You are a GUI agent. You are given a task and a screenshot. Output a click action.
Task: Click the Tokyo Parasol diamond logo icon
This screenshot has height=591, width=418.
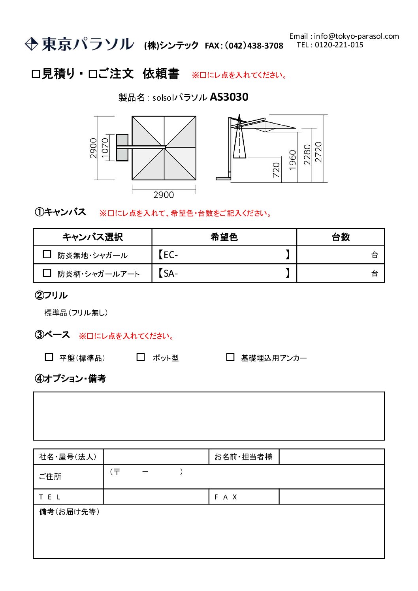pyautogui.click(x=31, y=44)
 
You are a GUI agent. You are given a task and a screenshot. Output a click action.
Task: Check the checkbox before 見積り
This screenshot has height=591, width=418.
pyautogui.click(x=36, y=74)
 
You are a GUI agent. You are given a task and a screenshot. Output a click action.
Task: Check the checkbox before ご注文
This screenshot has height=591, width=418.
pyautogui.click(x=93, y=74)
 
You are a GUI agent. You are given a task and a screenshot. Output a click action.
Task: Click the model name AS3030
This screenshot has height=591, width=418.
pyautogui.click(x=229, y=97)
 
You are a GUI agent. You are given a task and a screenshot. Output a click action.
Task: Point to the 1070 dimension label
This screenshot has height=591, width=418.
pyautogui.click(x=105, y=148)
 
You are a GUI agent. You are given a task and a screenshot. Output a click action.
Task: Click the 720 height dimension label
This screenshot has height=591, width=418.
pyautogui.click(x=276, y=170)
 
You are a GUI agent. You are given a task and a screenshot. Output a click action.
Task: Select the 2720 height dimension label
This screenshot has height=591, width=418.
pyautogui.click(x=318, y=152)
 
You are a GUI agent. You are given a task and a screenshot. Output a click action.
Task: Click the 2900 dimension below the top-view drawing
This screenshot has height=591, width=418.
pyautogui.click(x=164, y=195)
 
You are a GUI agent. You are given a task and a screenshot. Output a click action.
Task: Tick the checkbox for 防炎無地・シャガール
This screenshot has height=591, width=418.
pyautogui.click(x=47, y=255)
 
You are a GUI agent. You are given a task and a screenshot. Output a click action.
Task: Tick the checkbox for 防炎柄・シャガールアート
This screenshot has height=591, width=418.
pyautogui.click(x=47, y=273)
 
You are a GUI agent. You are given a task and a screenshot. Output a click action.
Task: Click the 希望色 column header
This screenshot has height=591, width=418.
pyautogui.click(x=224, y=237)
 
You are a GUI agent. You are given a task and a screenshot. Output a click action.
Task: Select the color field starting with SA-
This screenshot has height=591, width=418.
pyautogui.click(x=224, y=273)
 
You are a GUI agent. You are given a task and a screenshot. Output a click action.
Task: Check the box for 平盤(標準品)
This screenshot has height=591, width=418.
pyautogui.click(x=49, y=357)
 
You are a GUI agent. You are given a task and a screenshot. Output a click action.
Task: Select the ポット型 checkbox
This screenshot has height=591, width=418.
pyautogui.click(x=141, y=357)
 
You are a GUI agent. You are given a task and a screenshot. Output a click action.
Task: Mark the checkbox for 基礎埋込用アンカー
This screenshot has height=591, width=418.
pyautogui.click(x=230, y=357)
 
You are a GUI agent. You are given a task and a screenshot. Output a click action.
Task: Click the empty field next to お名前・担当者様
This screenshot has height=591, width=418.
pyautogui.click(x=331, y=457)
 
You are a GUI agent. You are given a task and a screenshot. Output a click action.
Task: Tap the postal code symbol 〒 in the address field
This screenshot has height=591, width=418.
pyautogui.click(x=117, y=472)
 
